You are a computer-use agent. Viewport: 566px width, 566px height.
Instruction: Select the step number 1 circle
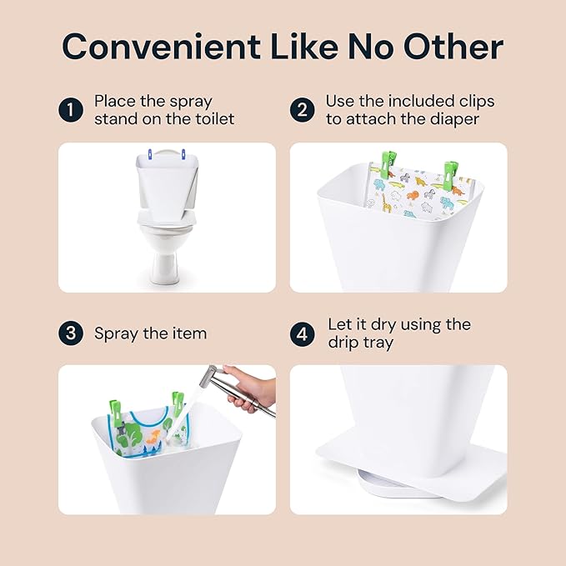70,110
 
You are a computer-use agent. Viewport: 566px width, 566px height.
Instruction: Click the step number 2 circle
302,110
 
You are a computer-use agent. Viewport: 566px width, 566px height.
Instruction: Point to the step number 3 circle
70,333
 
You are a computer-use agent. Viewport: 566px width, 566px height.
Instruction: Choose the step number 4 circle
302,333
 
